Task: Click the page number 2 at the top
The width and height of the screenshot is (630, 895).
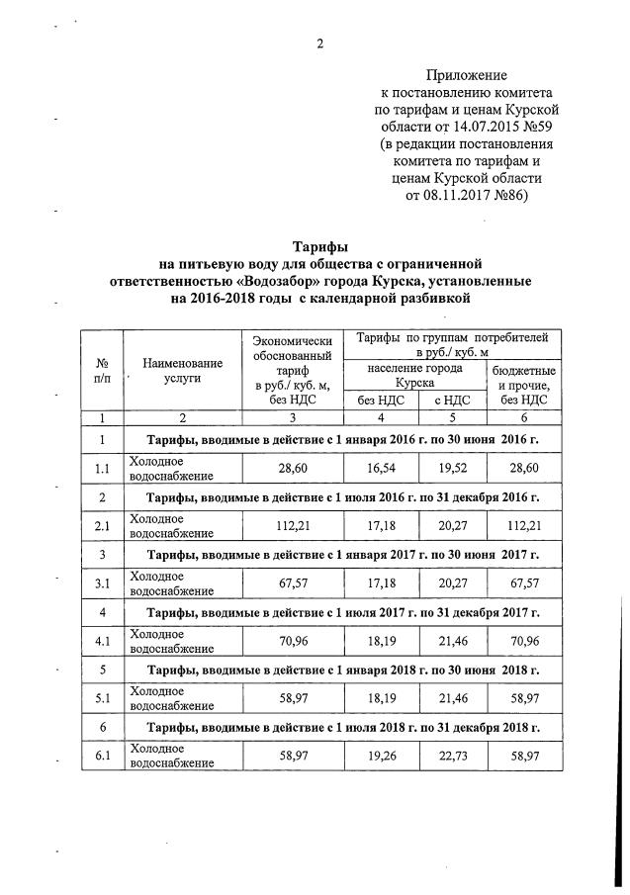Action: click(x=319, y=43)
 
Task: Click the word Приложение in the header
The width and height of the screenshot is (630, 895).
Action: click(x=466, y=75)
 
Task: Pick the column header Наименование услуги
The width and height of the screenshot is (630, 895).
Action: click(x=182, y=371)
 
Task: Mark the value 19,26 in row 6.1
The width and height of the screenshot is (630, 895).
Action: click(x=381, y=756)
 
